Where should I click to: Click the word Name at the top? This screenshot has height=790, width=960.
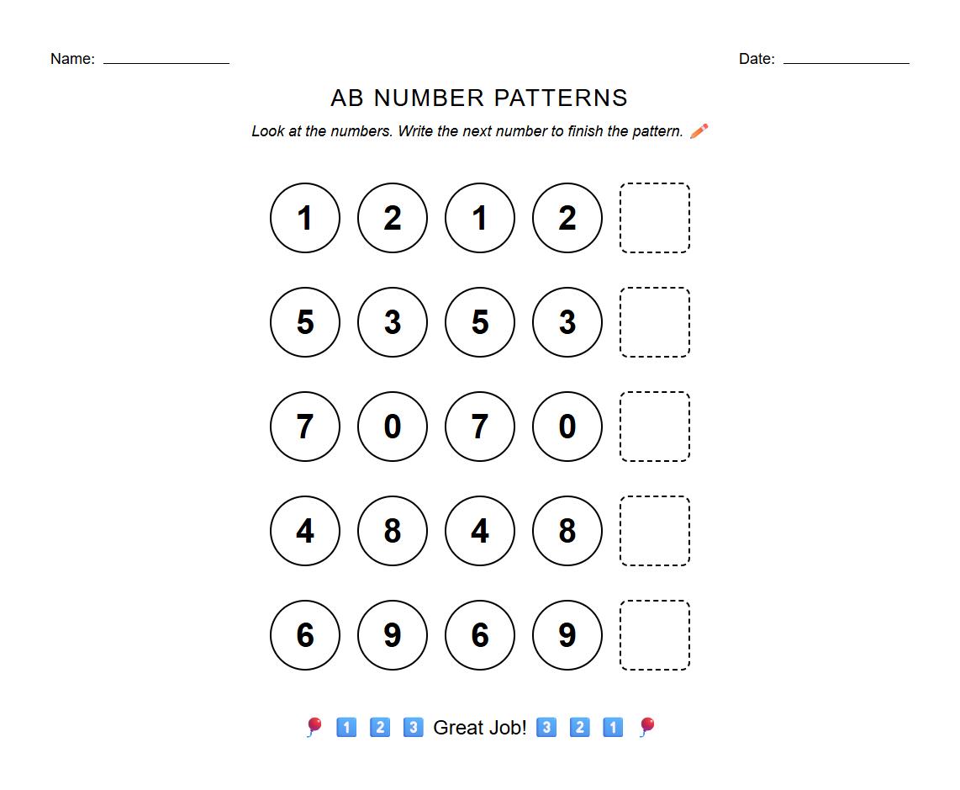pyautogui.click(x=71, y=59)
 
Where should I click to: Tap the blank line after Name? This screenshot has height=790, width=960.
pyautogui.click(x=166, y=61)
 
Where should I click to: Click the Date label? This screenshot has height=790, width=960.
pyautogui.click(x=756, y=59)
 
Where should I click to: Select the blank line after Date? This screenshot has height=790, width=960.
pyautogui.click(x=846, y=61)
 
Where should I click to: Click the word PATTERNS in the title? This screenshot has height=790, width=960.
pyautogui.click(x=560, y=98)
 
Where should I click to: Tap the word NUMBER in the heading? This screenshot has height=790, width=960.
pyautogui.click(x=429, y=98)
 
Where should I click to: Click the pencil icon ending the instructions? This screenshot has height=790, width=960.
pyautogui.click(x=699, y=131)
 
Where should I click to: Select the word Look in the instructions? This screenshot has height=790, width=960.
pyautogui.click(x=267, y=131)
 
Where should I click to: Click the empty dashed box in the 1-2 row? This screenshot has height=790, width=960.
pyautogui.click(x=655, y=218)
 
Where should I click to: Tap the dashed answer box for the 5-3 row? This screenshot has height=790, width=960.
pyautogui.click(x=655, y=322)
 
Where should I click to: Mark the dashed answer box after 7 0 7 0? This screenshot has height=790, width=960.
pyautogui.click(x=655, y=427)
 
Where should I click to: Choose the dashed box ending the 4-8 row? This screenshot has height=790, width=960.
pyautogui.click(x=655, y=531)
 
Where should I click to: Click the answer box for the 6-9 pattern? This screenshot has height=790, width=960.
pyautogui.click(x=655, y=635)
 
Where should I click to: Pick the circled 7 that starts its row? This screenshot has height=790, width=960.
pyautogui.click(x=305, y=427)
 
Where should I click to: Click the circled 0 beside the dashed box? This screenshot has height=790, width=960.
pyautogui.click(x=567, y=427)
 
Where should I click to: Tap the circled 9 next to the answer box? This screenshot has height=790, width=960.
pyautogui.click(x=567, y=635)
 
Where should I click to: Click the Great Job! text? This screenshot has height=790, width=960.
pyautogui.click(x=479, y=728)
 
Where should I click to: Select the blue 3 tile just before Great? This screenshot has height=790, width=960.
pyautogui.click(x=413, y=727)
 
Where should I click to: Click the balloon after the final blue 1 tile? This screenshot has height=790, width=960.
pyautogui.click(x=646, y=727)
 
